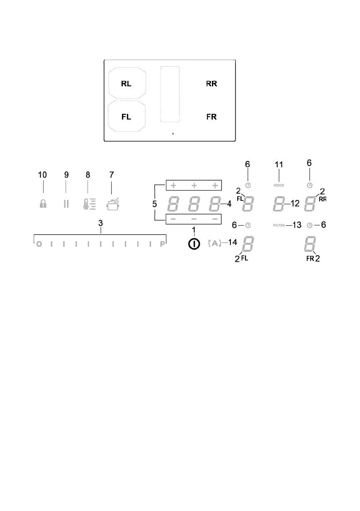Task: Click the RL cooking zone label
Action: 126,84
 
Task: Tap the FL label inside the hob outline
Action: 126,117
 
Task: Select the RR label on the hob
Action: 212,84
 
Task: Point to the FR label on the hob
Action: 212,117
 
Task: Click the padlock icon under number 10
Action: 43,204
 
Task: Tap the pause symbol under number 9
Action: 66,204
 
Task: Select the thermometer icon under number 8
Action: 89,203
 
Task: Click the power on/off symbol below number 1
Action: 194,244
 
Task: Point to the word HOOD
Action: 279,185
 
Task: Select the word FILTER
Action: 279,225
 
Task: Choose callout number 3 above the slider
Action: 100,224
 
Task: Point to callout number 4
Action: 229,204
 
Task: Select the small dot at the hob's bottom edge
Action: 172,134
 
